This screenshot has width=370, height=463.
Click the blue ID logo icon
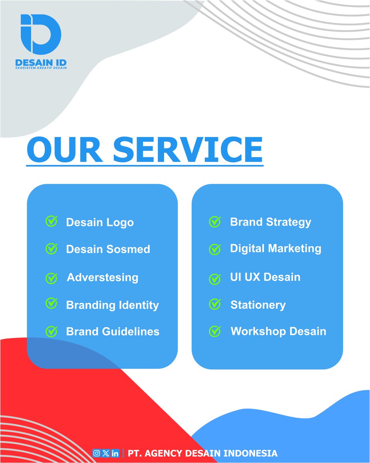(41, 34)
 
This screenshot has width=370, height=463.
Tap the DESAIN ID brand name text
(41, 63)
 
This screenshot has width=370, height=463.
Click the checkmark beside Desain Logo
(51, 221)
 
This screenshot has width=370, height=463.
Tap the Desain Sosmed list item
(108, 249)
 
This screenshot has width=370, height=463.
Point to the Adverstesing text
(103, 277)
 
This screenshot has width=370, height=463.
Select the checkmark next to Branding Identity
(51, 304)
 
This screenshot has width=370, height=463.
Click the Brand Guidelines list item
(113, 331)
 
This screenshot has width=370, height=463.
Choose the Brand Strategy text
(270, 222)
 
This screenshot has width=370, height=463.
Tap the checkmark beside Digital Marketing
(215, 249)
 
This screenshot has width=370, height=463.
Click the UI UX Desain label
(265, 277)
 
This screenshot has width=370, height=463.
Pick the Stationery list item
(258, 305)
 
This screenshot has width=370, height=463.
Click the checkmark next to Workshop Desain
(215, 331)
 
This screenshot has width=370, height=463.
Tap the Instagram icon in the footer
(96, 453)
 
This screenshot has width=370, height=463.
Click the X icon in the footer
(105, 453)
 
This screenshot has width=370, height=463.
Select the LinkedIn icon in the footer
(115, 453)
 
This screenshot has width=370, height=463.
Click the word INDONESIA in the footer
(252, 453)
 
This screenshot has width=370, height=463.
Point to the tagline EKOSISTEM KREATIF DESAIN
(41, 68)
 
